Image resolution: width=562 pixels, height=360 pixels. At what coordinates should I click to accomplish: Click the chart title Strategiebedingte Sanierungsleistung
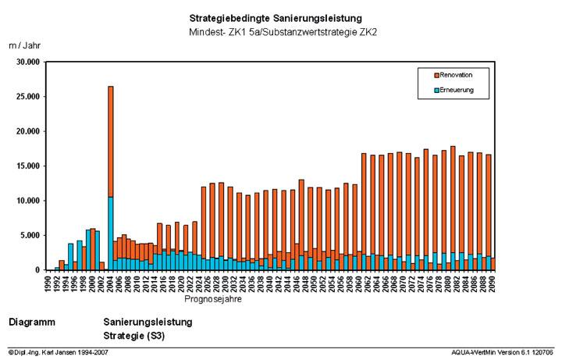[275, 18]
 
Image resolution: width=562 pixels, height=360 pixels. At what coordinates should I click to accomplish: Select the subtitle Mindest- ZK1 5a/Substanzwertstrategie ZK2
[275, 32]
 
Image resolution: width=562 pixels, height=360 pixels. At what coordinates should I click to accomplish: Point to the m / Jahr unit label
[24, 46]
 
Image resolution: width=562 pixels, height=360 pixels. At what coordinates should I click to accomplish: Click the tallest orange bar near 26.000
[111, 141]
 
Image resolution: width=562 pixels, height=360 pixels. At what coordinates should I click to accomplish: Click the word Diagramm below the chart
[31, 322]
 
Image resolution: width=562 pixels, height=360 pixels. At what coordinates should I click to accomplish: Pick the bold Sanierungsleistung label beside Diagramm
[148, 322]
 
